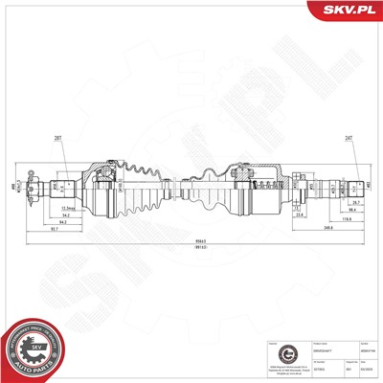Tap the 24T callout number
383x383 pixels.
tap(348, 140)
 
